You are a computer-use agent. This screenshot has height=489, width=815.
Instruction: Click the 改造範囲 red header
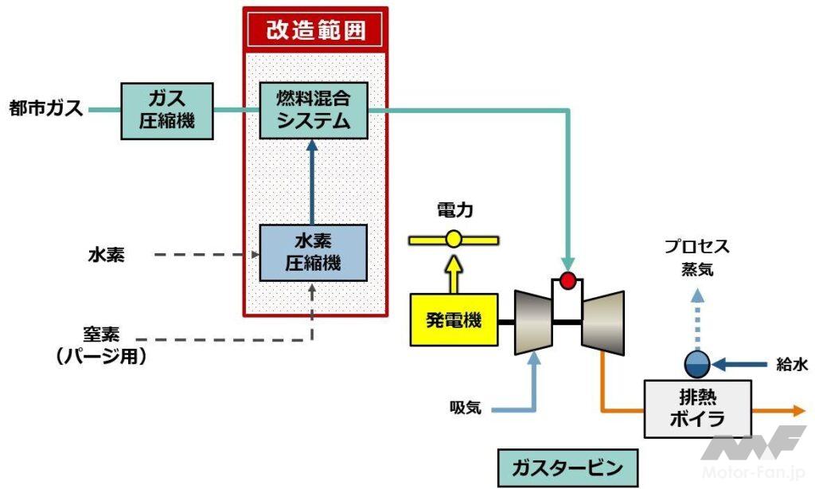click(x=314, y=31)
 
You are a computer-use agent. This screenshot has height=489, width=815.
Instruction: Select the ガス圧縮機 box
click(x=167, y=110)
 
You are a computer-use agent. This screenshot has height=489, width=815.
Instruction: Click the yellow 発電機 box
click(x=453, y=321)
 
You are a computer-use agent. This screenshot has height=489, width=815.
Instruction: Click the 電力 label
click(x=454, y=210)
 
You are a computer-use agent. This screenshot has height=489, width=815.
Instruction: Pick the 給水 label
click(x=791, y=365)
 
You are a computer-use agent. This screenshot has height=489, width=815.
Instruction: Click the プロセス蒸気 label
click(x=697, y=257)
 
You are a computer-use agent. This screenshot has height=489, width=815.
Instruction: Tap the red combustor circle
click(x=567, y=280)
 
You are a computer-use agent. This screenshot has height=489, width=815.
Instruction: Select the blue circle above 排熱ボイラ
click(x=697, y=364)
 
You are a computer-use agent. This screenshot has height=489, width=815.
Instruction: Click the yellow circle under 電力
click(x=454, y=238)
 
